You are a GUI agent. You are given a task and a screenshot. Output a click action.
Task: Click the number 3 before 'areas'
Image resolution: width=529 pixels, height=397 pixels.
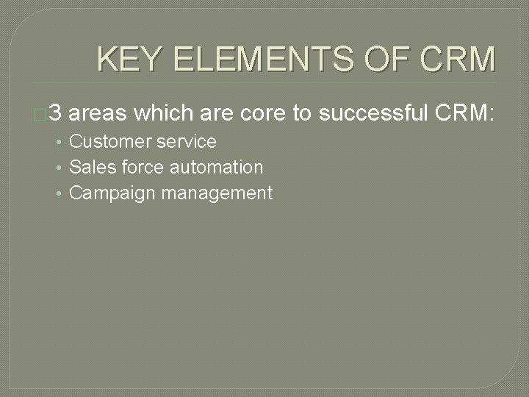click(60, 113)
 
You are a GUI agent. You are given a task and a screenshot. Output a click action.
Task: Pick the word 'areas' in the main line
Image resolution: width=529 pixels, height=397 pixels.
click(101, 113)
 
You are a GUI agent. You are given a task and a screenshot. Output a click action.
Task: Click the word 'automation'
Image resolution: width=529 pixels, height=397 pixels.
click(216, 168)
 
